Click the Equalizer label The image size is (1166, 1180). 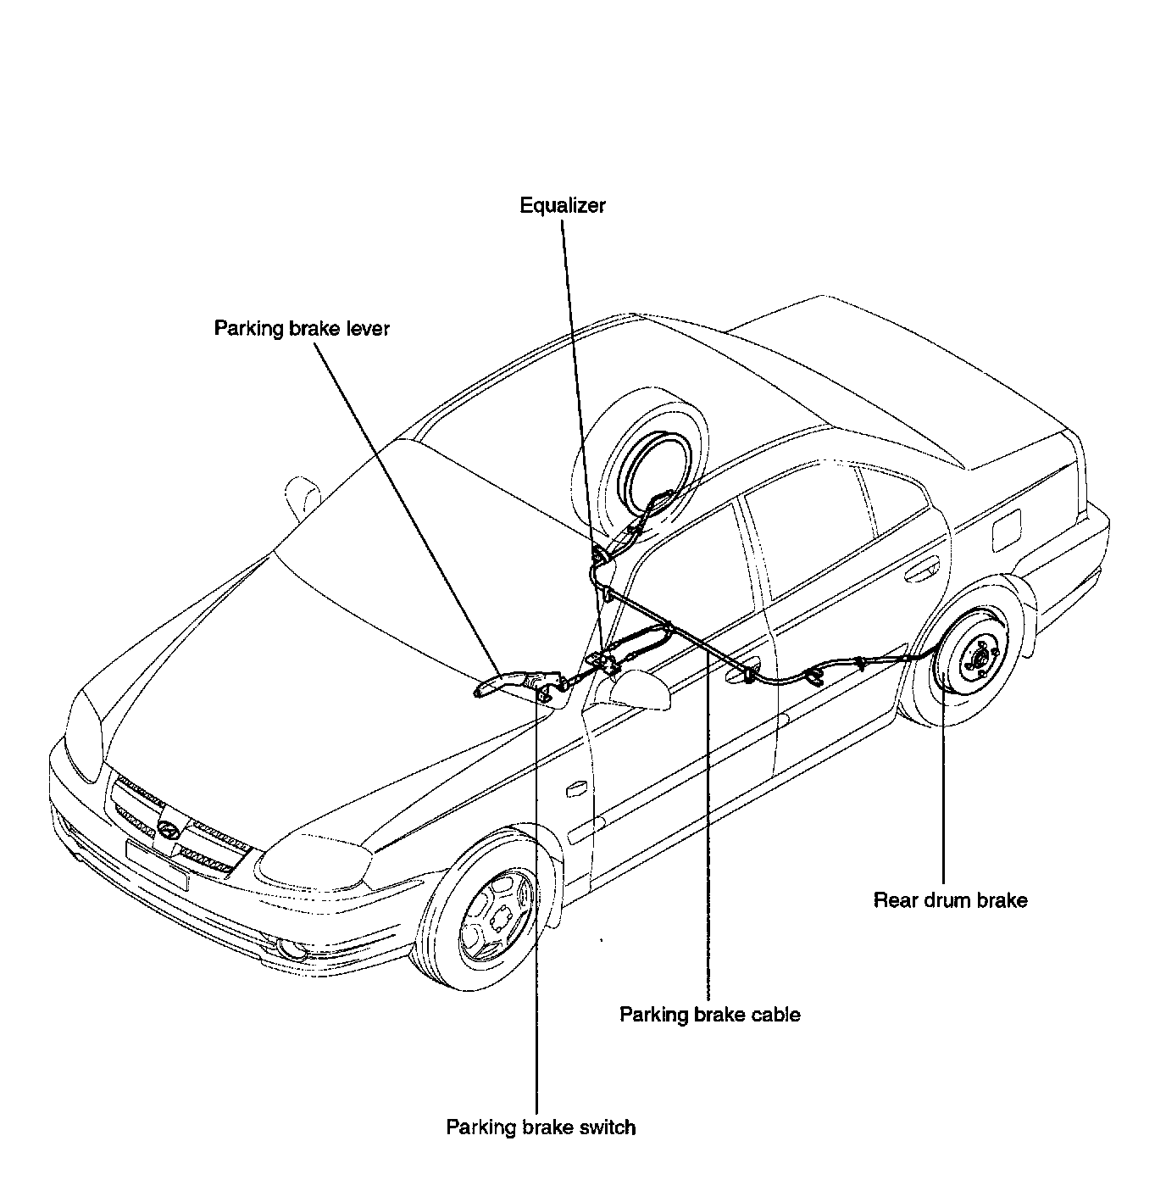pyautogui.click(x=563, y=205)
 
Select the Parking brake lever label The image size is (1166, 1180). pyautogui.click(x=302, y=328)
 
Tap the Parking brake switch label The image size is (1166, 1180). pyautogui.click(x=541, y=1127)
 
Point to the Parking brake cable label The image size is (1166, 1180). pyautogui.click(x=710, y=1015)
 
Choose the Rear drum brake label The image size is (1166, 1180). pyautogui.click(x=950, y=900)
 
